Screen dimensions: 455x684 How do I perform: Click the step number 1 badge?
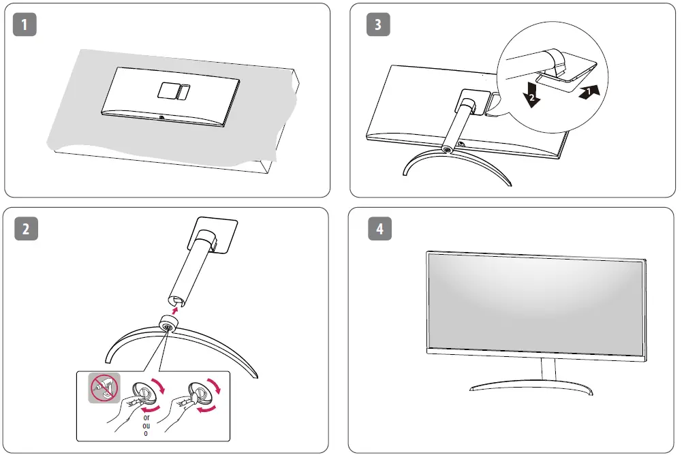(25, 25)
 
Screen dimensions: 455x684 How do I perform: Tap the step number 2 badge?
(25, 228)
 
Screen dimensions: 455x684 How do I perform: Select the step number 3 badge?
(378, 25)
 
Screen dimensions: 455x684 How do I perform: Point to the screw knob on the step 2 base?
(167, 326)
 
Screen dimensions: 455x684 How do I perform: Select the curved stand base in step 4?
(532, 386)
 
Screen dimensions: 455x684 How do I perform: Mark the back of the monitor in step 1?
(170, 95)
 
